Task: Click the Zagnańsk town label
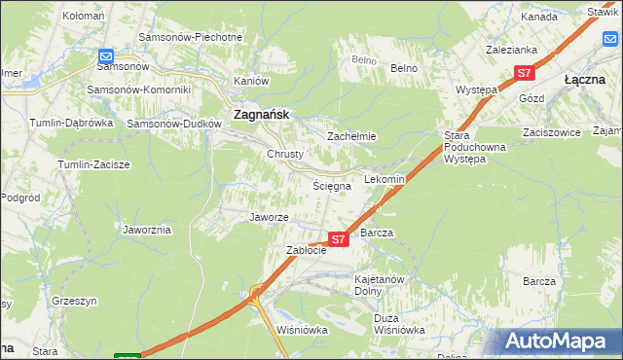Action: [x=258, y=115]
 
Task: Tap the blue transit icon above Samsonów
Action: [x=106, y=56]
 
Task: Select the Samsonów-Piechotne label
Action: [x=191, y=37]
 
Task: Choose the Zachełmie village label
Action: [x=351, y=137]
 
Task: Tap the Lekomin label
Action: [x=384, y=180]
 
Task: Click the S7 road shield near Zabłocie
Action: [x=338, y=238]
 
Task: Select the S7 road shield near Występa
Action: [x=525, y=73]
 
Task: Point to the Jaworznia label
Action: [x=147, y=230]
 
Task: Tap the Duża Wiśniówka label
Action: [x=399, y=324]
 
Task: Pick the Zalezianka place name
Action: [x=511, y=48]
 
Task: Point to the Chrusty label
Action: [x=285, y=154]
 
